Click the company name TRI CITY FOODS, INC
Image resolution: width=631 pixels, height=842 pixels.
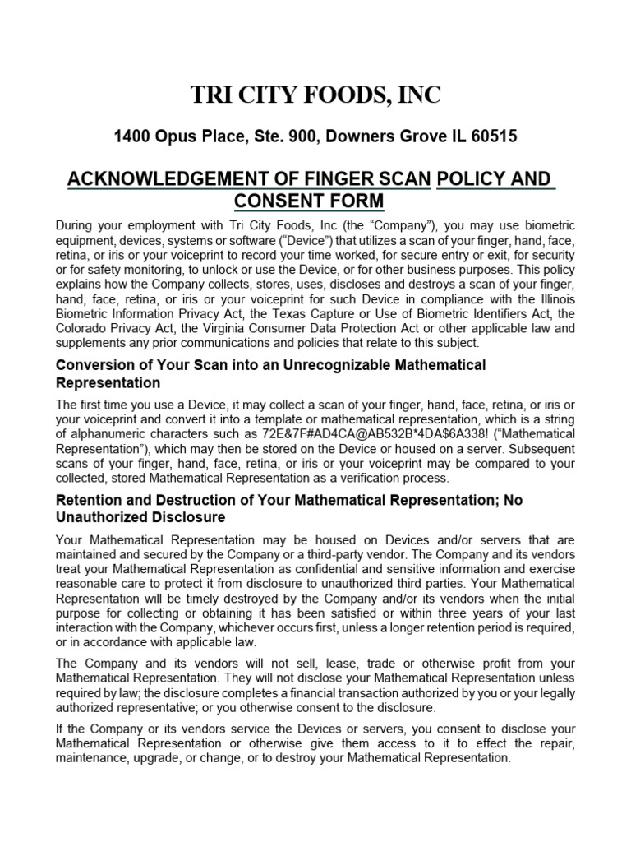pyautogui.click(x=315, y=95)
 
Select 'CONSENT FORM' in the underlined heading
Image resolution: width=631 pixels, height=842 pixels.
pyautogui.click(x=308, y=201)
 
